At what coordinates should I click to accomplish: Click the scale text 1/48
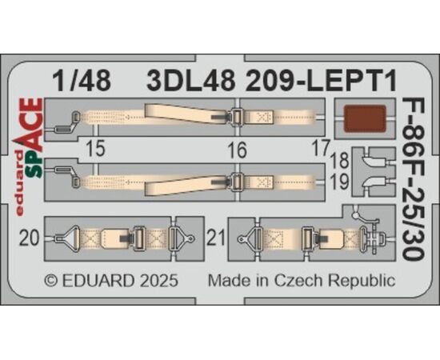(x=82, y=81)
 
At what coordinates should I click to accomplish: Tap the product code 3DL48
(x=191, y=81)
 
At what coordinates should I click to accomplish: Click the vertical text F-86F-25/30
(x=412, y=178)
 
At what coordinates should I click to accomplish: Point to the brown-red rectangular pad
(x=365, y=118)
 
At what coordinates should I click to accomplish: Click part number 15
(x=96, y=149)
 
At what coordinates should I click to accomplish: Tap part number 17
(x=321, y=148)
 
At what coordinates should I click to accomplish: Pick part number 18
(x=340, y=161)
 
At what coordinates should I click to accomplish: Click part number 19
(x=340, y=182)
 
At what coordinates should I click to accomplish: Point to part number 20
(x=30, y=239)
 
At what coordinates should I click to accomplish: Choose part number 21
(x=216, y=238)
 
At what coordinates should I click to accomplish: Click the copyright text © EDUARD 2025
(x=111, y=280)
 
